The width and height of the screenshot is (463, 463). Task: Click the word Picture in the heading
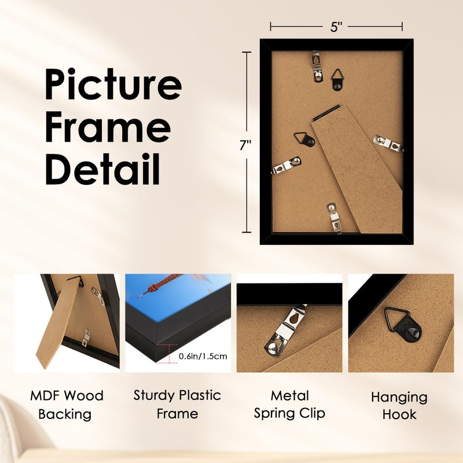113,84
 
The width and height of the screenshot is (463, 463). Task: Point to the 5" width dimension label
336,26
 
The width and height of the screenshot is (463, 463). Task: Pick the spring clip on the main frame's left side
286,166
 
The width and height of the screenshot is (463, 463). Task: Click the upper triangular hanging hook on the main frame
339,79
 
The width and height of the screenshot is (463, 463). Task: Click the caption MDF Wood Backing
67,405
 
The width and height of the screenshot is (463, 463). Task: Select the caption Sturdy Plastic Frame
177,404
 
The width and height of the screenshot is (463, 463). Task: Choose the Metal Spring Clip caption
289,404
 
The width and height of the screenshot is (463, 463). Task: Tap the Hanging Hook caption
399,406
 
